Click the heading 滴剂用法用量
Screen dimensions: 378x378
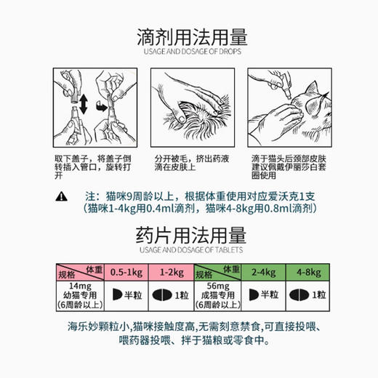(x=189, y=37)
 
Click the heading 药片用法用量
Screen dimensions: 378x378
(x=189, y=236)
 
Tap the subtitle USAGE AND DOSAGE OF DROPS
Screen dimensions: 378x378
(x=189, y=53)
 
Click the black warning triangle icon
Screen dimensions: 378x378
(x=62, y=196)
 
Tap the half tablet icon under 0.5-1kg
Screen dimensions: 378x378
(x=116, y=297)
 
